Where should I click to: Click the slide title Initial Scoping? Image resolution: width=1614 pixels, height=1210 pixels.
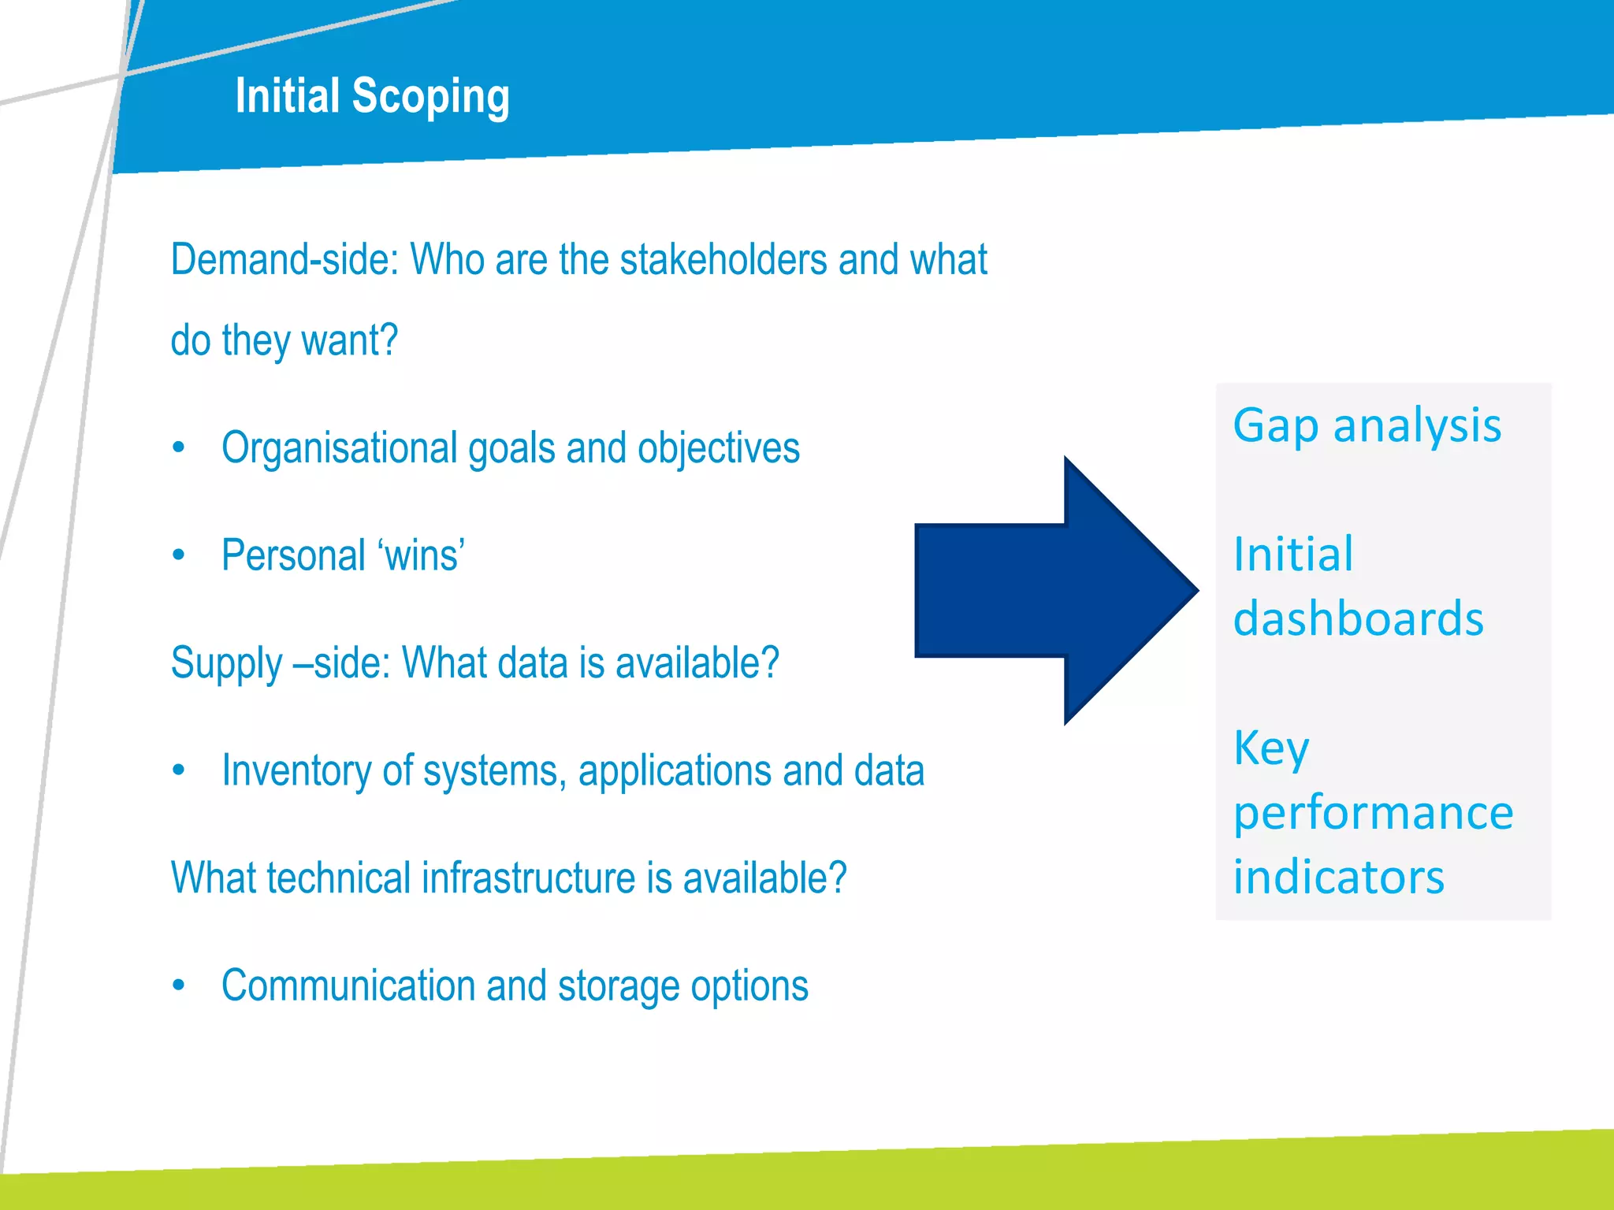pyautogui.click(x=372, y=96)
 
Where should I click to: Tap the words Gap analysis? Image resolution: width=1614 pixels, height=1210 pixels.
pyautogui.click(x=1367, y=427)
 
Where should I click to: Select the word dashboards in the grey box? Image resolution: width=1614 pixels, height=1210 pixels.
pyautogui.click(x=1359, y=619)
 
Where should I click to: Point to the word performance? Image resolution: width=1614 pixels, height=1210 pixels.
pyautogui.click(x=1373, y=813)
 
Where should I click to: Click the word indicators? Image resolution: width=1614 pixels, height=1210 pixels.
pyautogui.click(x=1338, y=878)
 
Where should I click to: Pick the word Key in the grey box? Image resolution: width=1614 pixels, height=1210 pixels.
pyautogui.click(x=1271, y=748)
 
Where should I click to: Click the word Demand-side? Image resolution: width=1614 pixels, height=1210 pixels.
pyautogui.click(x=284, y=260)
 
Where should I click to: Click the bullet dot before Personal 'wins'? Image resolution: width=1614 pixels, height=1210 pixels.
pyautogui.click(x=179, y=555)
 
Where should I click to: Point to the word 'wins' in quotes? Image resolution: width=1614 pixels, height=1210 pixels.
pyautogui.click(x=422, y=555)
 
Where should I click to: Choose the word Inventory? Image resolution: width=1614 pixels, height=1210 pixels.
pyautogui.click(x=296, y=770)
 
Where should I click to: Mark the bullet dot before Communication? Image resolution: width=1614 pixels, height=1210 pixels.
pyautogui.click(x=179, y=985)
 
